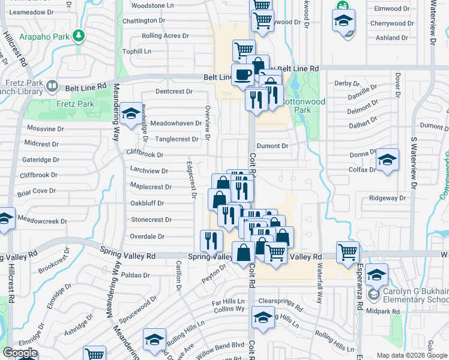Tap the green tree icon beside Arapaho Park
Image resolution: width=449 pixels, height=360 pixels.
[x=79, y=36]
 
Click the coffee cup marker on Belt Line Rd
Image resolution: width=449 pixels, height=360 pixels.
[x=243, y=74]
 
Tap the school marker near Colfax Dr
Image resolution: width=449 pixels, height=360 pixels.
[x=387, y=160]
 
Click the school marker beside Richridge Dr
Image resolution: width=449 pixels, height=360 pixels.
[x=130, y=114]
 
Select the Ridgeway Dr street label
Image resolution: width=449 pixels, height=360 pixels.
[x=388, y=197]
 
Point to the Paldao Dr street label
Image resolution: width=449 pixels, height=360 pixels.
[x=134, y=275]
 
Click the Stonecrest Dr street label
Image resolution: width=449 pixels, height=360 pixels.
[x=151, y=220]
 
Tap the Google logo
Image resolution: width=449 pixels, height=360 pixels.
[x=19, y=353]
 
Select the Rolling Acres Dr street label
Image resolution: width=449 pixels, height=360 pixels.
[x=165, y=36]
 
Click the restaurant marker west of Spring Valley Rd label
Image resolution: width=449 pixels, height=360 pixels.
[x=209, y=241]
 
